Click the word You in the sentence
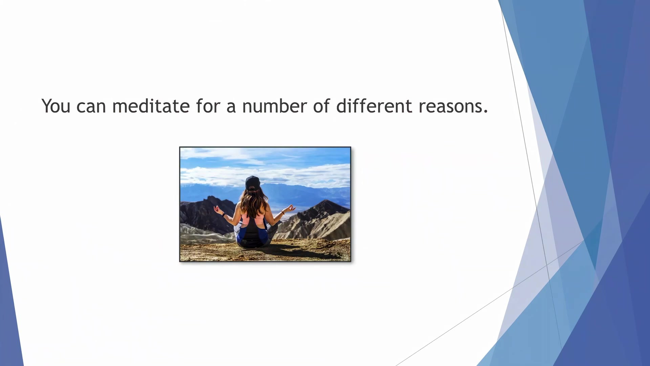[56, 106]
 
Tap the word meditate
[151, 106]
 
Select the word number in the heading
[275, 106]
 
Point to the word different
[374, 106]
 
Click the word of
[321, 106]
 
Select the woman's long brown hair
[253, 203]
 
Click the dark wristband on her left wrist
[224, 215]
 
